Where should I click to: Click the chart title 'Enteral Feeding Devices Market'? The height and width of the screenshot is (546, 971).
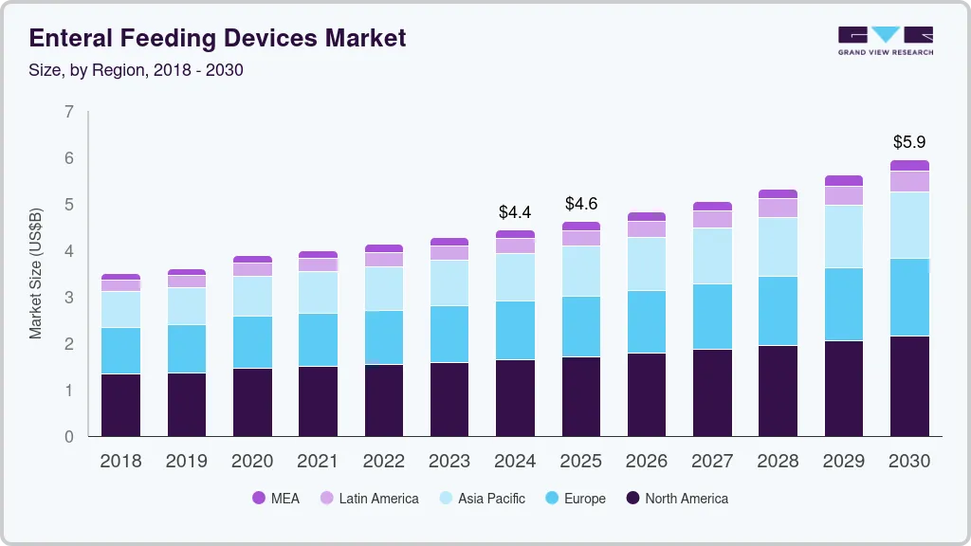pyautogui.click(x=217, y=38)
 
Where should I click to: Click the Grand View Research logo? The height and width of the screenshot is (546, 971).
pyautogui.click(x=885, y=40)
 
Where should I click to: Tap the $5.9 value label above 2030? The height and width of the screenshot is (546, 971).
pyautogui.click(x=910, y=142)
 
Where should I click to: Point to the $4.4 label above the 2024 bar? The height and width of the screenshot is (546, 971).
pyautogui.click(x=516, y=211)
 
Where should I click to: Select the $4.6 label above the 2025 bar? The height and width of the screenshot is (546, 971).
pyautogui.click(x=581, y=204)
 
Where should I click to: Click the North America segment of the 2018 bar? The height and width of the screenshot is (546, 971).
pyautogui.click(x=120, y=405)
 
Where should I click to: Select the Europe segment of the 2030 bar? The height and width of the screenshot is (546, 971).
pyautogui.click(x=910, y=297)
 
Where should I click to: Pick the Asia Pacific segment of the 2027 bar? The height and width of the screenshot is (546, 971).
pyautogui.click(x=712, y=256)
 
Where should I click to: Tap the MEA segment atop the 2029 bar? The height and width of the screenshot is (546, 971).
pyautogui.click(x=844, y=180)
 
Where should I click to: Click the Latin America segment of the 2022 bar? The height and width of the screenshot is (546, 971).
pyautogui.click(x=384, y=259)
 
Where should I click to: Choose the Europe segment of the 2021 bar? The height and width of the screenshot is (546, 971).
pyautogui.click(x=318, y=339)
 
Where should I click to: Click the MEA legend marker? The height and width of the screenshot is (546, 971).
pyautogui.click(x=259, y=499)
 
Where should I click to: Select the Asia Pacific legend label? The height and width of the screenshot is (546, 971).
pyautogui.click(x=491, y=499)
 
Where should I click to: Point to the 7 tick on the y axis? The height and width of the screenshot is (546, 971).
pyautogui.click(x=68, y=112)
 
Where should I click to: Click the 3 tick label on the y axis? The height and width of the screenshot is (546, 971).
pyautogui.click(x=68, y=298)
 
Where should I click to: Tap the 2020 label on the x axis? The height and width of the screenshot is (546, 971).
pyautogui.click(x=252, y=462)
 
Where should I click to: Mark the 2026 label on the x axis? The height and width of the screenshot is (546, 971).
pyautogui.click(x=647, y=462)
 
